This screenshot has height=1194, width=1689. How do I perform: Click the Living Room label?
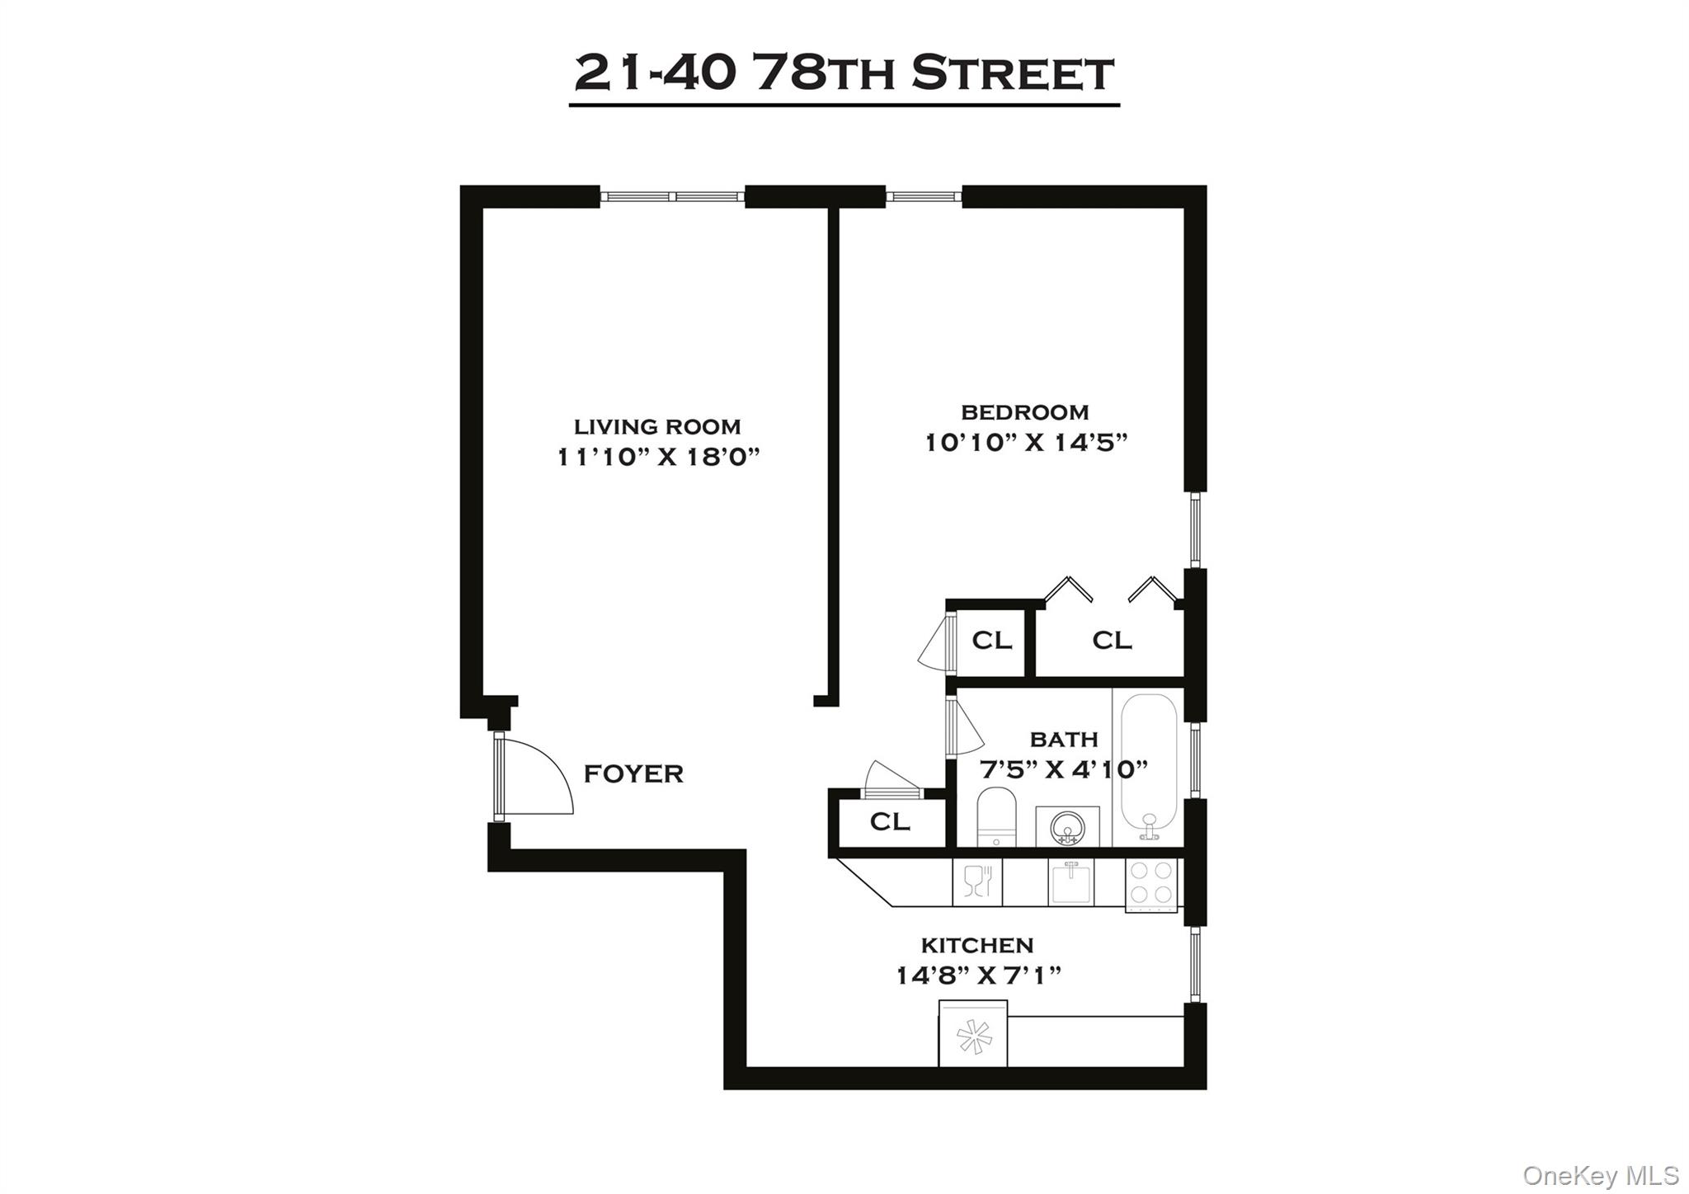[657, 426]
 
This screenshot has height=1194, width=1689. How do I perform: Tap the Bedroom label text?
[1024, 411]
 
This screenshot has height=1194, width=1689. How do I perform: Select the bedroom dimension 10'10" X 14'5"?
[1025, 443]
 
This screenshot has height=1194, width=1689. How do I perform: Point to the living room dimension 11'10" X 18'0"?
[658, 457]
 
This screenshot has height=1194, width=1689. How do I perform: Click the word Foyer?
[633, 773]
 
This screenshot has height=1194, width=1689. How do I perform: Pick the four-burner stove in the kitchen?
[1151, 883]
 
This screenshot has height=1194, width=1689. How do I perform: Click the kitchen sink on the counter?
[1070, 881]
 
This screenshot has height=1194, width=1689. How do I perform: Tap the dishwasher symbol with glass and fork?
[977, 881]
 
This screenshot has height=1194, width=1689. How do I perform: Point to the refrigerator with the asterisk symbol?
[972, 1035]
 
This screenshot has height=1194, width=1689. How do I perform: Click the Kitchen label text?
[977, 944]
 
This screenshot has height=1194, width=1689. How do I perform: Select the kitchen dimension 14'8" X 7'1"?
[978, 975]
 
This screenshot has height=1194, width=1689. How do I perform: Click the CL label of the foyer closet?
[890, 821]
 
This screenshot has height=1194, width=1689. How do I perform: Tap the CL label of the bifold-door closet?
[1112, 640]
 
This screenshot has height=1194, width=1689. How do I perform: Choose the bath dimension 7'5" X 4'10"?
[1064, 769]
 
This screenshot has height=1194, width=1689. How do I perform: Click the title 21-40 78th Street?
[844, 73]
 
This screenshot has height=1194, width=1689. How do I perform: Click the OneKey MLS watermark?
[1601, 1175]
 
